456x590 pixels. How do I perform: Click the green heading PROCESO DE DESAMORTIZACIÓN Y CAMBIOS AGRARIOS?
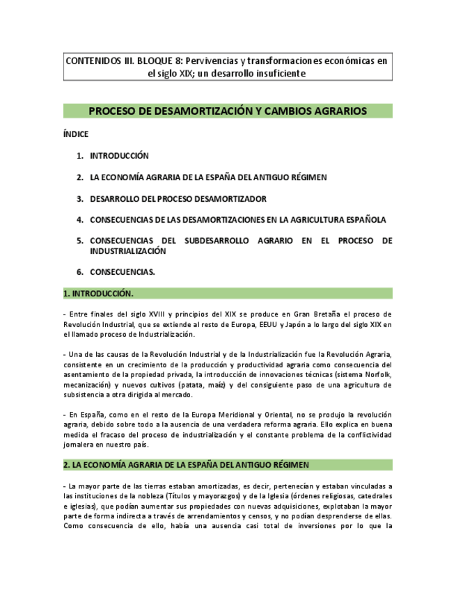click(228, 111)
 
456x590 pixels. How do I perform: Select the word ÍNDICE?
click(76, 134)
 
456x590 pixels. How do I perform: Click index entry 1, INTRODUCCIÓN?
click(119, 156)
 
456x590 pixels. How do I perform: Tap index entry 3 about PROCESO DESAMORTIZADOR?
click(178, 198)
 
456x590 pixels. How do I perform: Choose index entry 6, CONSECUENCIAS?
click(123, 271)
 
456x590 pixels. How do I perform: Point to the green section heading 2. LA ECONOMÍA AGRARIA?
click(186, 465)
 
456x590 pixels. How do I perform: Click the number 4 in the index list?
click(80, 220)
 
